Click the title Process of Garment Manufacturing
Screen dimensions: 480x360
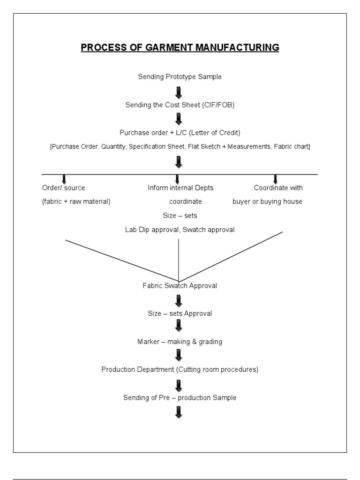coord(180,47)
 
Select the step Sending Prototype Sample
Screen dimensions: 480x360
coord(180,77)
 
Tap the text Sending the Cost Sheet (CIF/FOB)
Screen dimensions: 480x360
coord(180,105)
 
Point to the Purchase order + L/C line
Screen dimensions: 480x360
coord(180,133)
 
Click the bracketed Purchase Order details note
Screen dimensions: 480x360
coord(180,147)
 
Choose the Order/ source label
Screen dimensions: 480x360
coord(64,188)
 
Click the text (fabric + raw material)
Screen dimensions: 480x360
coord(76,202)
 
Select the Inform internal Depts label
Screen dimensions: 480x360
coord(180,188)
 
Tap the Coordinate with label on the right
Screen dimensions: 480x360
coord(278,188)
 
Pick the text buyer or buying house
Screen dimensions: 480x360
coord(268,202)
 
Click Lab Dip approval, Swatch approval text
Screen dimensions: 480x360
coord(180,230)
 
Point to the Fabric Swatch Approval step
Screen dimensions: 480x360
coord(180,285)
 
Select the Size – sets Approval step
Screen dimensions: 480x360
coord(180,314)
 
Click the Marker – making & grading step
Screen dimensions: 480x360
coord(180,342)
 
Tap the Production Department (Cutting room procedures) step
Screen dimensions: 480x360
coord(180,369)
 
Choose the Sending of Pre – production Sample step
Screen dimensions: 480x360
coord(180,397)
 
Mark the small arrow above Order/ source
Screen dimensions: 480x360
coord(64,179)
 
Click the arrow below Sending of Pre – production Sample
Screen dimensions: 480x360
coord(178,412)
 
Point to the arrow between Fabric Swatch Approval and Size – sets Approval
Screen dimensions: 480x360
coord(178,300)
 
